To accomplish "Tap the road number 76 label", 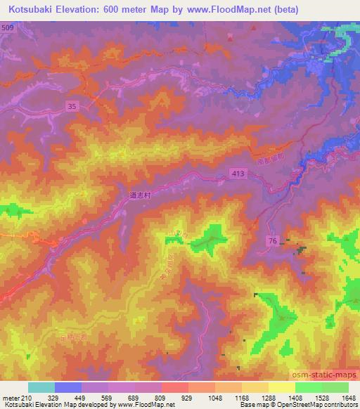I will [271, 241].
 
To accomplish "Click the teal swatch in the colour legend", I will [41, 387].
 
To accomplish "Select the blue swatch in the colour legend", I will [68, 387].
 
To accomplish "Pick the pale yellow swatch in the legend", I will [282, 387].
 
